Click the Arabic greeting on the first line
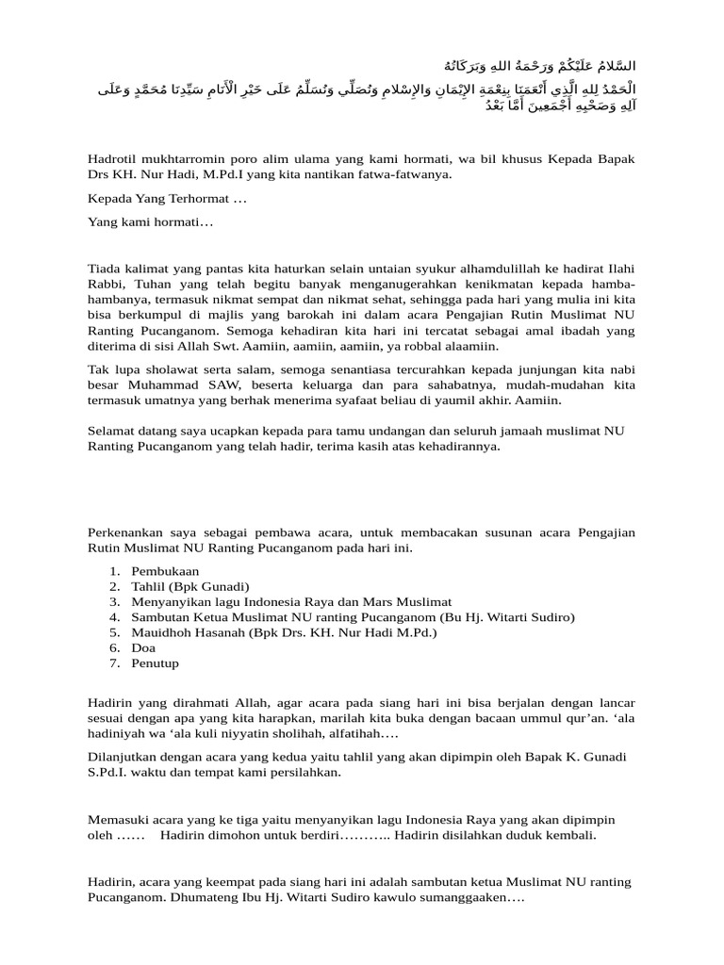pyautogui.click(x=534, y=66)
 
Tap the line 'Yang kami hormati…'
pyautogui.click(x=151, y=222)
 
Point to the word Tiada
pyautogui.click(x=105, y=270)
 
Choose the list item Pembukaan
pyautogui.click(x=165, y=571)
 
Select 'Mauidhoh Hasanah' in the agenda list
pyautogui.click(x=189, y=632)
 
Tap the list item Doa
pyautogui.click(x=142, y=647)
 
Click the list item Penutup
pyautogui.click(x=155, y=662)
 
